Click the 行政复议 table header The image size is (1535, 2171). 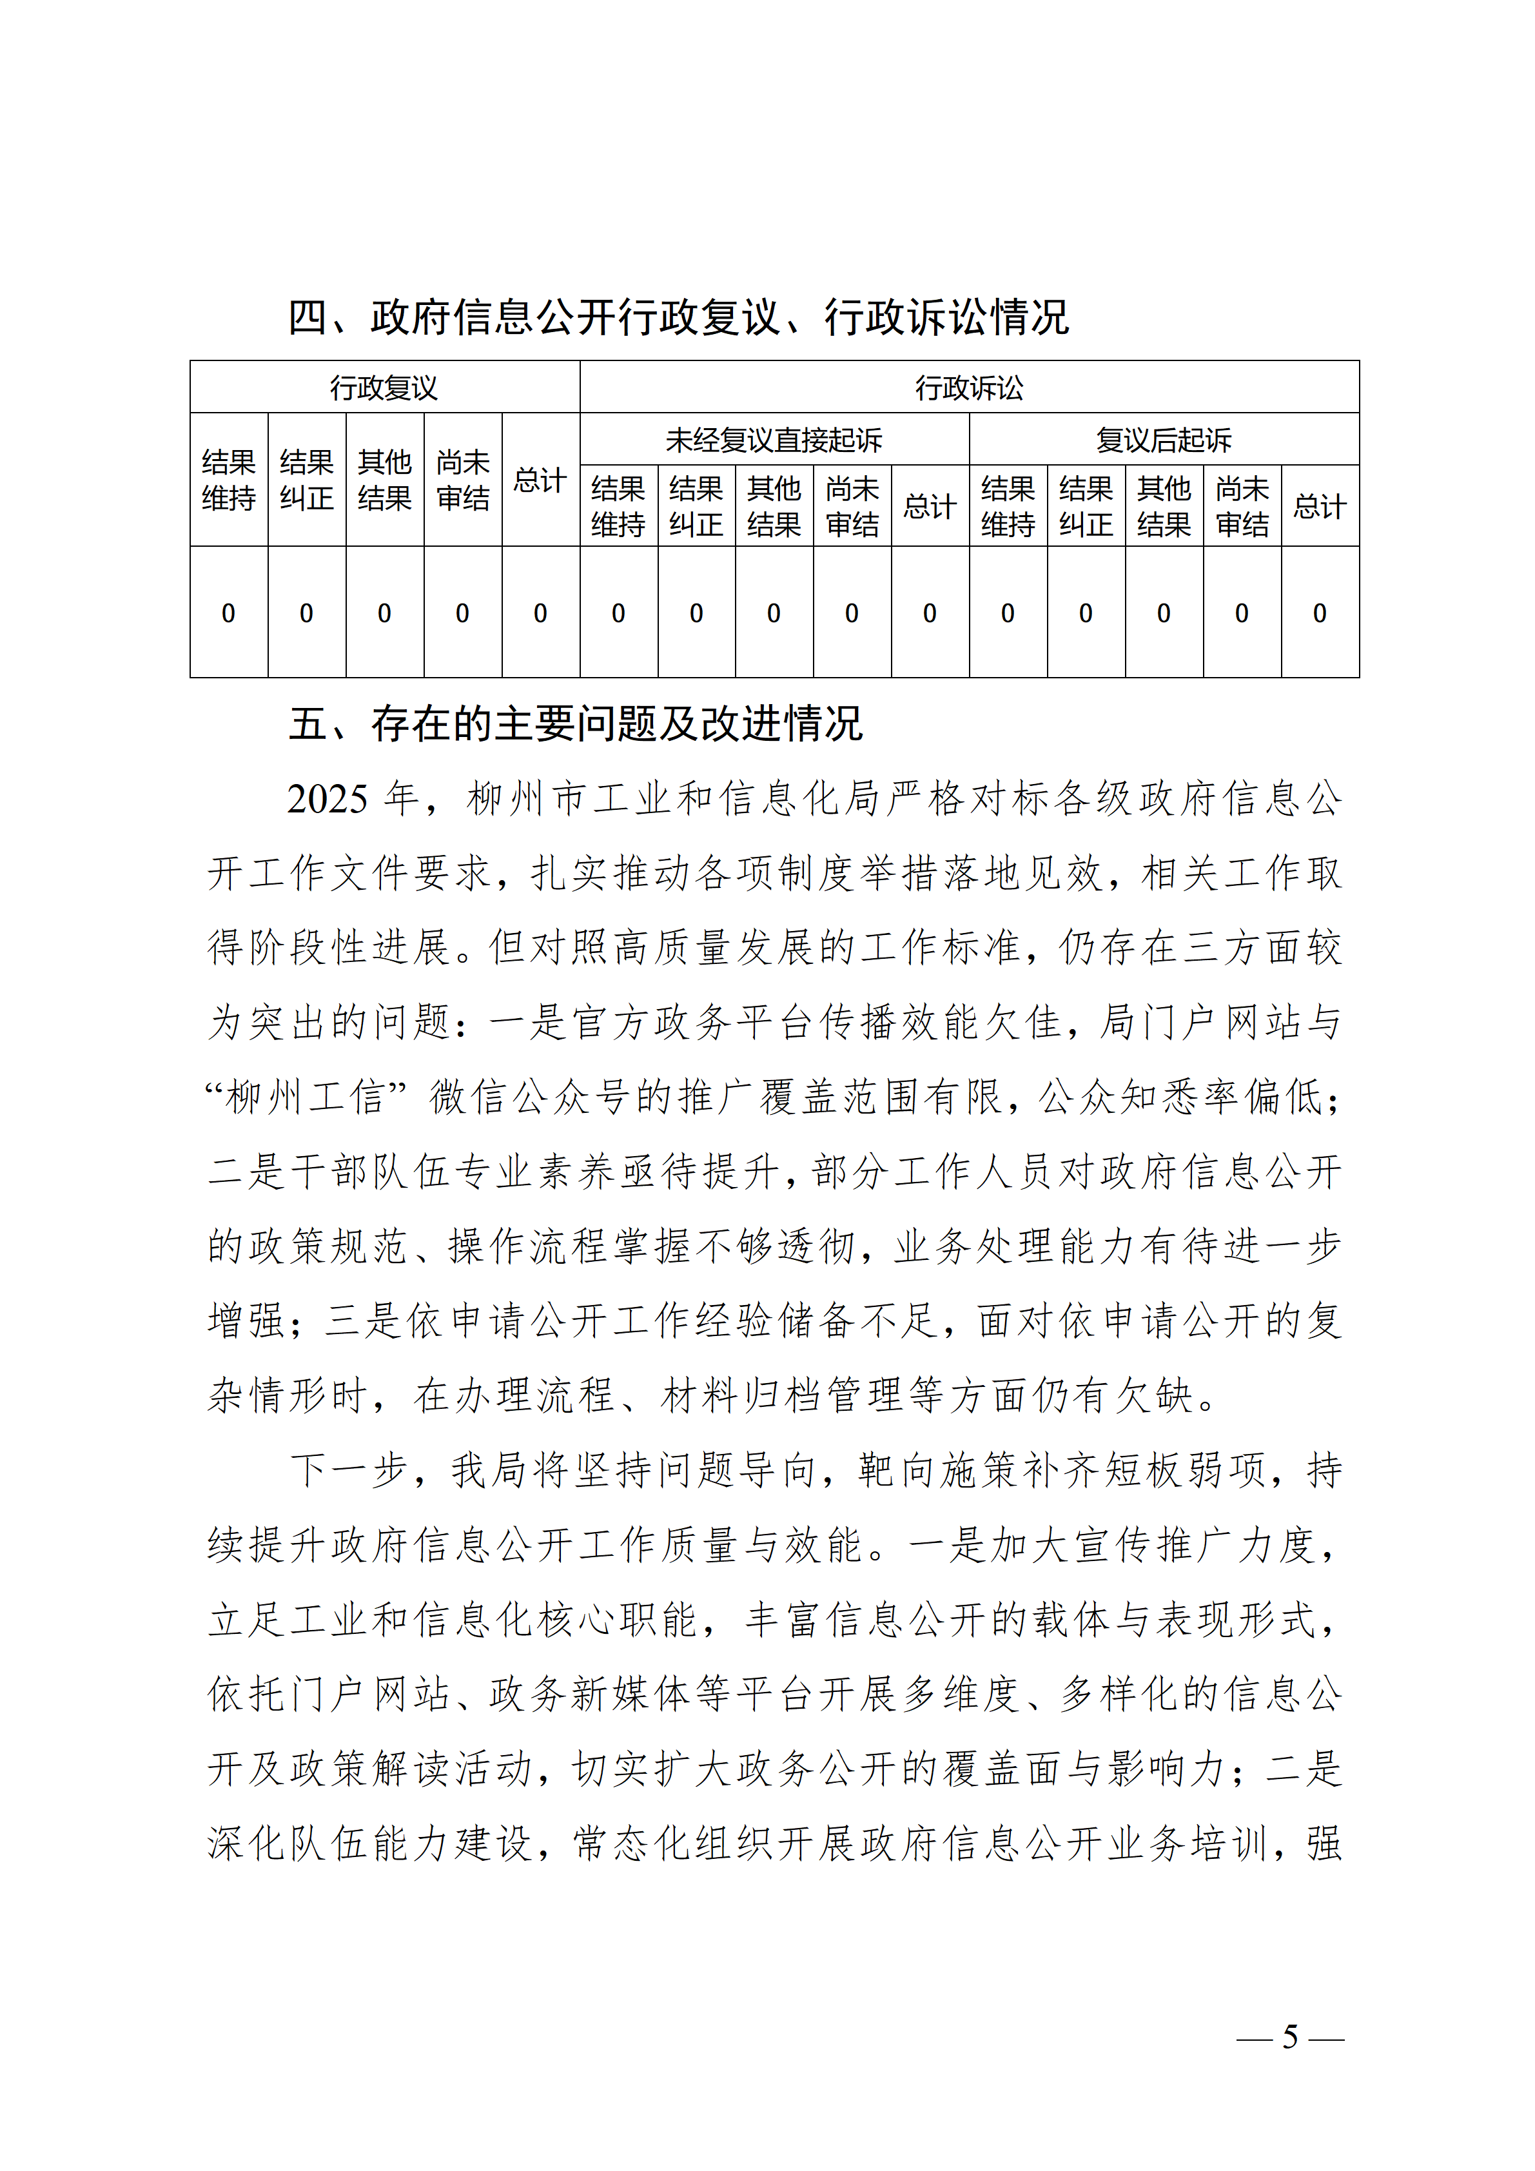pos(384,388)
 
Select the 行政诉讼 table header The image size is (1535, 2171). pos(969,388)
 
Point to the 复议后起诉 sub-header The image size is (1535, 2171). pos(1164,440)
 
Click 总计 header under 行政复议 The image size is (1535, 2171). pos(540,480)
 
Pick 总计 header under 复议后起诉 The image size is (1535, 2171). pos(1320,507)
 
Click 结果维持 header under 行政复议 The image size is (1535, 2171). pos(229,480)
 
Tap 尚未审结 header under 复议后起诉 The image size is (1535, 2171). pos(1242,507)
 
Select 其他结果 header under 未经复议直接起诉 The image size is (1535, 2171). pos(774,507)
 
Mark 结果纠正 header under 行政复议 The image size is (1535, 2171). pos(306,480)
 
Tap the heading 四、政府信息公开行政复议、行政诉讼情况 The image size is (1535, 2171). pos(678,318)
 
